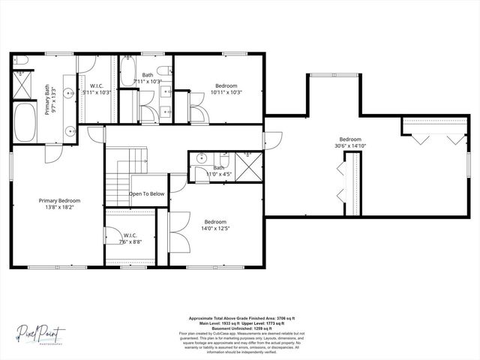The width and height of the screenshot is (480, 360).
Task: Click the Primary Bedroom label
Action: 59,200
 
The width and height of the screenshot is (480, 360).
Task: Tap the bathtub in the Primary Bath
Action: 27,122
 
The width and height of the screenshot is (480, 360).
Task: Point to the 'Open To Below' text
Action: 146,193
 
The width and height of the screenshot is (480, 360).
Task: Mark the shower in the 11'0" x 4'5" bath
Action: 248,164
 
